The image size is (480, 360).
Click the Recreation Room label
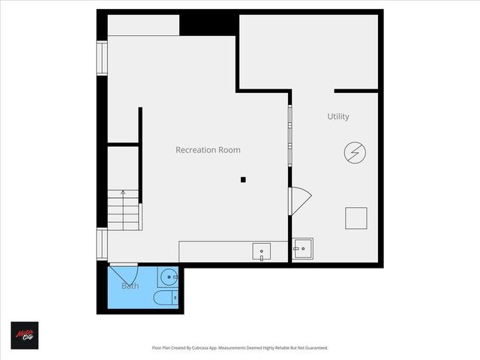coord(208,150)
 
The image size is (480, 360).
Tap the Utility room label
coord(338,116)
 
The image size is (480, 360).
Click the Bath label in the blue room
coord(130,286)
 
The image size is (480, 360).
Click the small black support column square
coord(243,179)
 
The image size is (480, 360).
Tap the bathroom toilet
coord(166,299)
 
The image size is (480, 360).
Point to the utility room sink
coord(303,248)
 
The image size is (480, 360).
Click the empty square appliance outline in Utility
coord(356,217)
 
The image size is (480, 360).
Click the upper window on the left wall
coord(102,58)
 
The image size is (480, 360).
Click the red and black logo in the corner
coord(24,335)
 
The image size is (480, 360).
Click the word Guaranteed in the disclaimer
coord(316,348)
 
